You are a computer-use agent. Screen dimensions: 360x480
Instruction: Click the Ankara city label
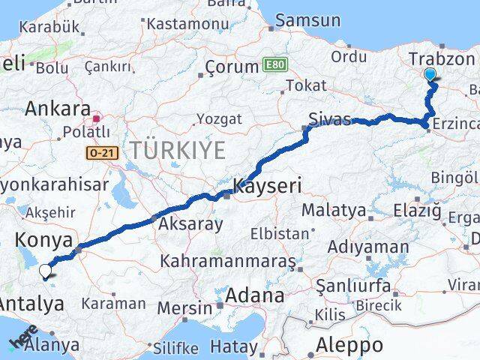(x=58, y=108)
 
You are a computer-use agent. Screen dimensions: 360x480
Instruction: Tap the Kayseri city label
(x=267, y=184)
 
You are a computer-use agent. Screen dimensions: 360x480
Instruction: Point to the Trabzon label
(x=442, y=59)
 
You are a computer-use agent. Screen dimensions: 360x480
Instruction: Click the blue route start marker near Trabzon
(x=430, y=74)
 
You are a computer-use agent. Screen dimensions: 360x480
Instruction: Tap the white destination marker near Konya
(x=45, y=271)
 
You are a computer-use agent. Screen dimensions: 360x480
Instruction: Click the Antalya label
(x=31, y=304)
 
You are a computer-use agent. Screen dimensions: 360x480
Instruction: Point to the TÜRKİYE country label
(x=177, y=150)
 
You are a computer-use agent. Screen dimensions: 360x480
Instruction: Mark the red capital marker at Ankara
(x=97, y=118)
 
